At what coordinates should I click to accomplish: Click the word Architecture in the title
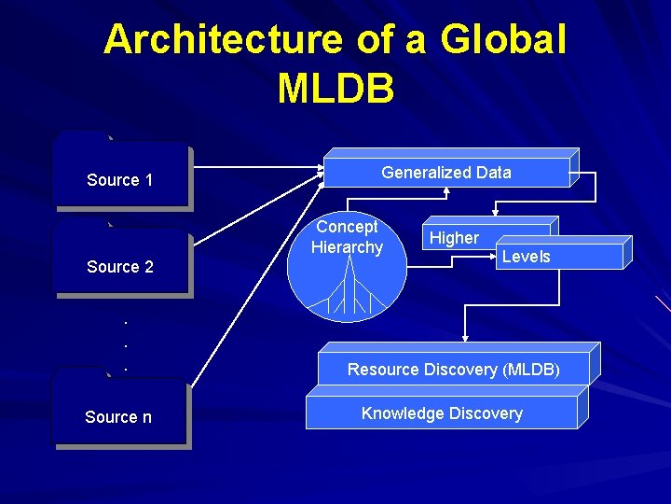(223, 40)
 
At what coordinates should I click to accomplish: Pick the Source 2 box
(120, 266)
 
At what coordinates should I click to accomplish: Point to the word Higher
(454, 238)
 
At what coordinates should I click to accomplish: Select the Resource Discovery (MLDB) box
(453, 370)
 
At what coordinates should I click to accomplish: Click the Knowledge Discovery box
(442, 413)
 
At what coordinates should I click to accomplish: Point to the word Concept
(347, 227)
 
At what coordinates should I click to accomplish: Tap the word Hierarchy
(347, 247)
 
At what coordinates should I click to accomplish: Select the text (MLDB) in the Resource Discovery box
(531, 370)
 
